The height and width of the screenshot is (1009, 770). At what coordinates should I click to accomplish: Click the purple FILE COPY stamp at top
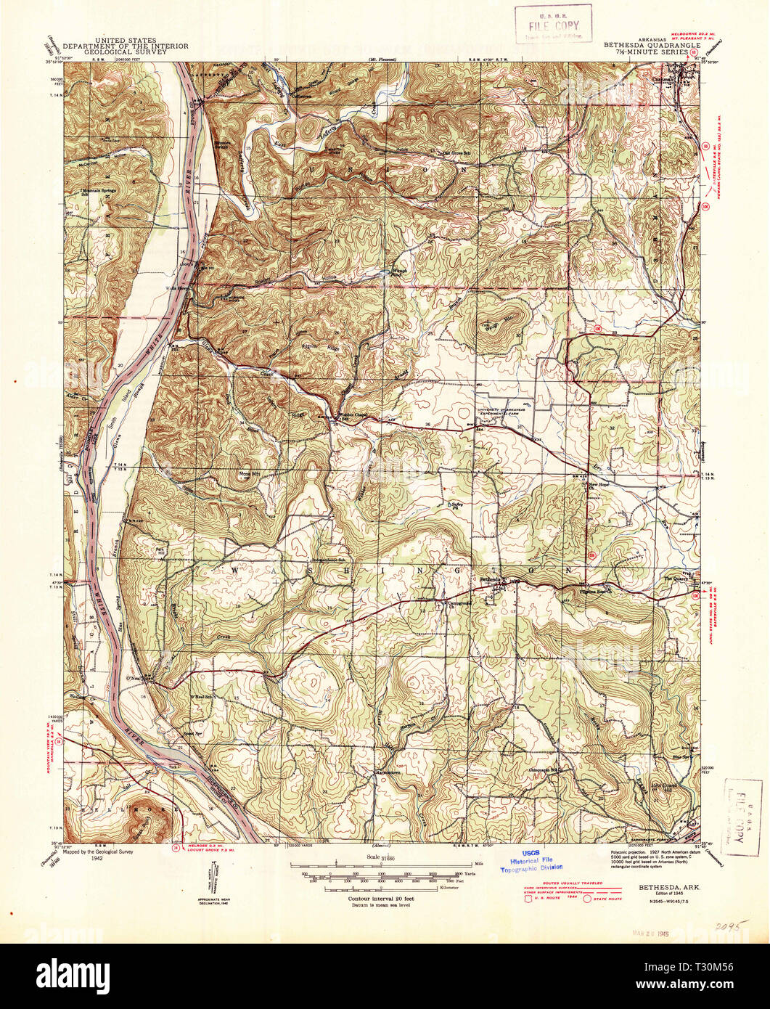(554, 23)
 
